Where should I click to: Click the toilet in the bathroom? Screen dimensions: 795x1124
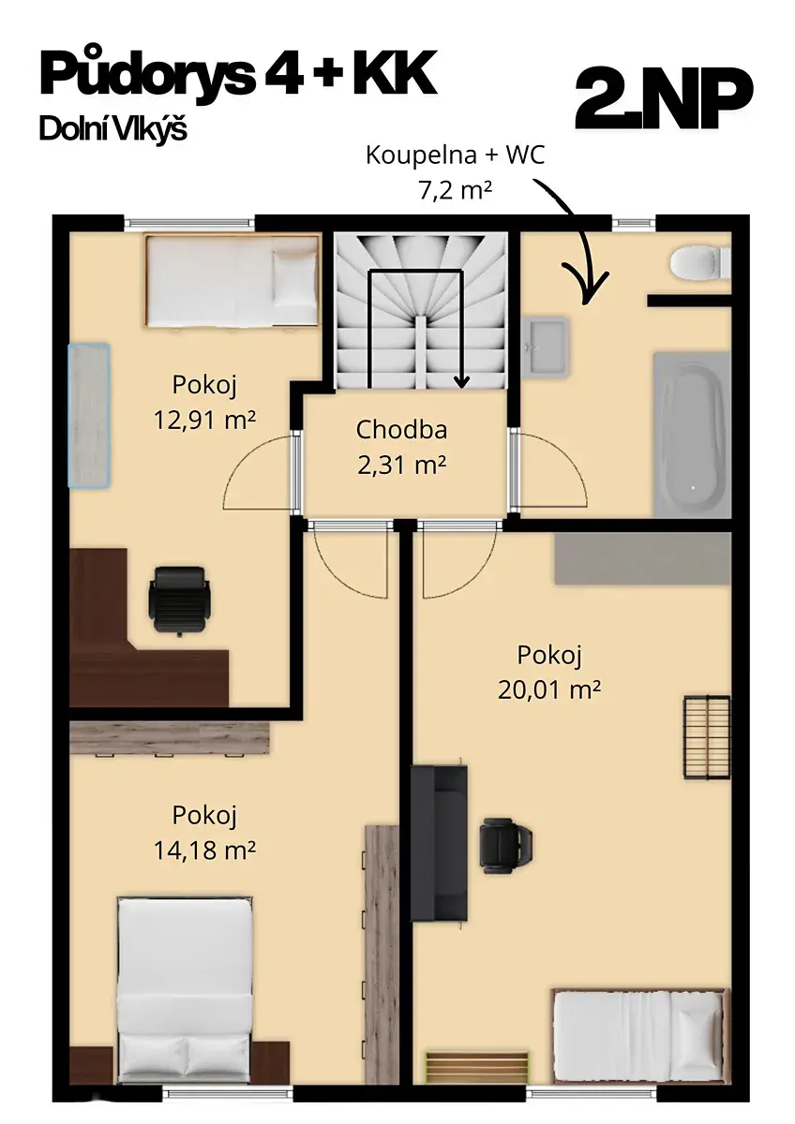coord(699,262)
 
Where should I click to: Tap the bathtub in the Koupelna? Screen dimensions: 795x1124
coord(692,435)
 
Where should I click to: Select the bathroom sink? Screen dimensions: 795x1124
coord(545,347)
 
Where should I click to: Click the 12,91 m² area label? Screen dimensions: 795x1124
coord(204,420)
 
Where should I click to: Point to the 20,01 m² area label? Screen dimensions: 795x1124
coord(549,690)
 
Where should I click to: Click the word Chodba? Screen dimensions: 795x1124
coord(401,430)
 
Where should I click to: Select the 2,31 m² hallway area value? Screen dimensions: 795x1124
coord(401,466)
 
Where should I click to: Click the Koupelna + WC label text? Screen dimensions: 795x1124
coord(455,155)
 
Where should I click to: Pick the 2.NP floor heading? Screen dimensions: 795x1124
coord(664,100)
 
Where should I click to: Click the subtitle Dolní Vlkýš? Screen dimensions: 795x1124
coord(113,129)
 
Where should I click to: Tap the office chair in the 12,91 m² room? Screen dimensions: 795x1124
coord(178,600)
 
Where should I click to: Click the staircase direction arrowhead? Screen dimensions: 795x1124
coord(461,382)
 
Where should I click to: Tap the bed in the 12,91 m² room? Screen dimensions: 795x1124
coord(232,280)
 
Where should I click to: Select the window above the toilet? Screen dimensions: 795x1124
coord(634,223)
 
